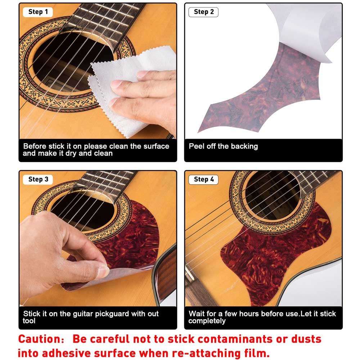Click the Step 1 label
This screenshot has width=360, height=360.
click(38, 12)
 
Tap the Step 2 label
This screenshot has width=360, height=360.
click(203, 12)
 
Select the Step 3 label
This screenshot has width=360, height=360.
click(38, 179)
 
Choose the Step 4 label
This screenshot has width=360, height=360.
click(203, 179)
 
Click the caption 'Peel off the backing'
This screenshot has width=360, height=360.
click(223, 147)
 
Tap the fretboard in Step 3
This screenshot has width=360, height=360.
click(104, 180)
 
